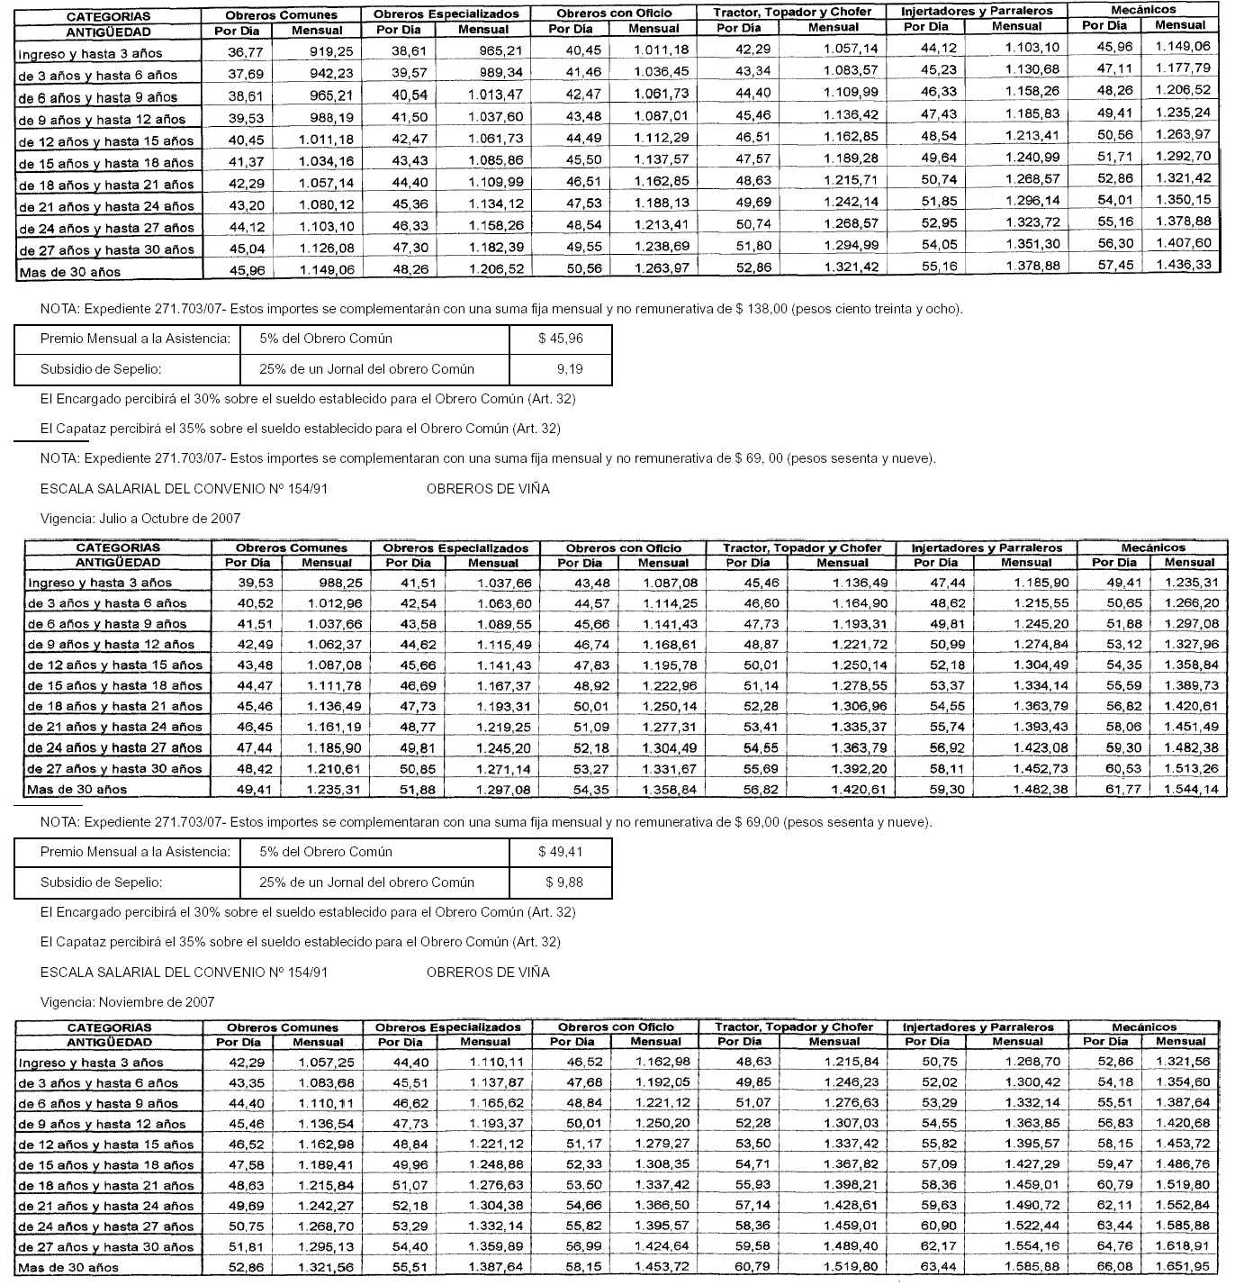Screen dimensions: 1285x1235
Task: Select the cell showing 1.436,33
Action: point(1183,265)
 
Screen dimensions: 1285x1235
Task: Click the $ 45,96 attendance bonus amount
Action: point(560,339)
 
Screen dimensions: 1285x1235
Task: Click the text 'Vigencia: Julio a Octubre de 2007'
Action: point(140,519)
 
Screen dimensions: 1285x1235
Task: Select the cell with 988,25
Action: point(342,583)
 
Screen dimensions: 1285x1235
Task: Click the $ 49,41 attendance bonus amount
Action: point(560,852)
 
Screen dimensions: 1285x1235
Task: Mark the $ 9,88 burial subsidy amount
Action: point(563,882)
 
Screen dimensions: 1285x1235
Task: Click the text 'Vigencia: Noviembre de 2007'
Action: point(128,1001)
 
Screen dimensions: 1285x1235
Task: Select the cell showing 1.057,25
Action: point(326,1063)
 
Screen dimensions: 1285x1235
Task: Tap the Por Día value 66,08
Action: point(1114,1267)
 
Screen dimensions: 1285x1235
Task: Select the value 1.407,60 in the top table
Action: point(1183,243)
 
